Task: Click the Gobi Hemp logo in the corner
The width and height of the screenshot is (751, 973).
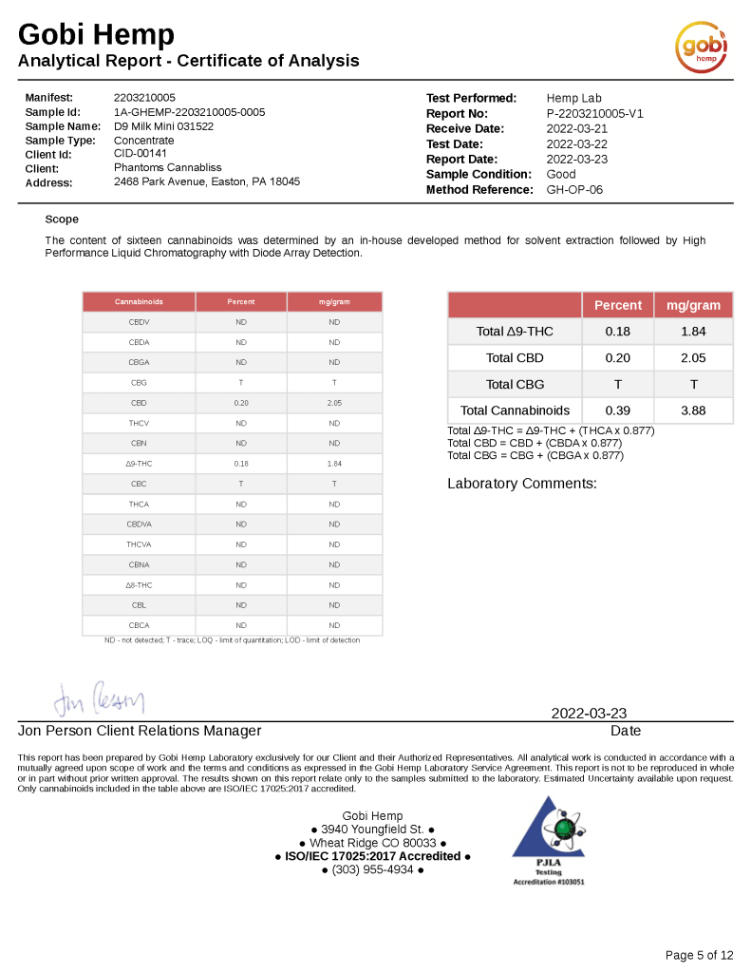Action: point(701,45)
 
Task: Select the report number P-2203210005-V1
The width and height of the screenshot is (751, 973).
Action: point(595,113)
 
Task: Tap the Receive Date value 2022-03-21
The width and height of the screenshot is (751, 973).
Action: point(577,128)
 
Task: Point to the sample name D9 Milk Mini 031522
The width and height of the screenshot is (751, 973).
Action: point(163,125)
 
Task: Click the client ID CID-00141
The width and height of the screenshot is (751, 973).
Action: point(140,154)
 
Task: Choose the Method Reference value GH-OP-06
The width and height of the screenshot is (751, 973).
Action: point(574,189)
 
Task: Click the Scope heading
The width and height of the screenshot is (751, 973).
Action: point(62,219)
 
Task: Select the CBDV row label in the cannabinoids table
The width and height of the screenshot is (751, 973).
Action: point(139,322)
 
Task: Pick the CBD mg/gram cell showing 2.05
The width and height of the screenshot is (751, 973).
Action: point(334,403)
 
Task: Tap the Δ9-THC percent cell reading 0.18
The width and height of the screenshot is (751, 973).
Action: point(241,464)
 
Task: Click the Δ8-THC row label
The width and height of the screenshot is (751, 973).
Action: point(139,585)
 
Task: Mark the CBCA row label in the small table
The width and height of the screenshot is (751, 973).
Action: point(139,625)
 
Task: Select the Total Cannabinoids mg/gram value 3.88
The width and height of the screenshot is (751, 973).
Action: point(693,410)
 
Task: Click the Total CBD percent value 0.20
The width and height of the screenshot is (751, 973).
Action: point(617,357)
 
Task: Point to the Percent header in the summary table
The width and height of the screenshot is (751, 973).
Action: point(617,305)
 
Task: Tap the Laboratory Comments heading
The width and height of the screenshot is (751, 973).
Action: point(522,484)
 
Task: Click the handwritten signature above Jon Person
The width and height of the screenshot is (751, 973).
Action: point(99,700)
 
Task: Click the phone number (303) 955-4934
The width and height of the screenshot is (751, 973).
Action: point(372,869)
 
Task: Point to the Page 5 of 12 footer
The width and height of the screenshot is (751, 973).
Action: point(699,955)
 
